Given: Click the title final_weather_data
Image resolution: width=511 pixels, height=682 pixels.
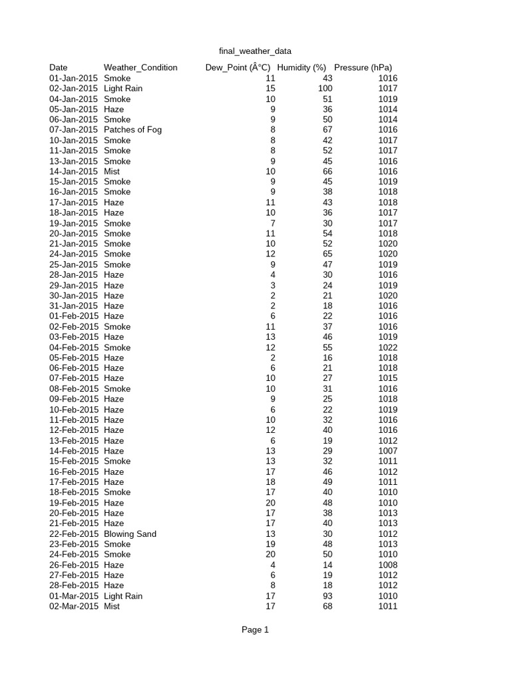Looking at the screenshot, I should tap(255, 51).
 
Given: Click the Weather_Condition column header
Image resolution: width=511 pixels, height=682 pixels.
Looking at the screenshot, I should tap(140, 67).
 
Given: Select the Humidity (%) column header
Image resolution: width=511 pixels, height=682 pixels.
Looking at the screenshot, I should tap(301, 67).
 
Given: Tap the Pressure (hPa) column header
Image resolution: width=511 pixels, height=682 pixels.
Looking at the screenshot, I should tap(363, 67).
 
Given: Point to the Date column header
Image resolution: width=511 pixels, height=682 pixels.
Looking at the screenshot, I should tap(59, 67).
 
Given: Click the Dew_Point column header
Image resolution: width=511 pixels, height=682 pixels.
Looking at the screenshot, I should tap(238, 67).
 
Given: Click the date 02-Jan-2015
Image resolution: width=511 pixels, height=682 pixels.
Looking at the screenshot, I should tap(73, 89).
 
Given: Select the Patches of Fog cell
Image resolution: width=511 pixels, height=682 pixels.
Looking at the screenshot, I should tap(132, 130).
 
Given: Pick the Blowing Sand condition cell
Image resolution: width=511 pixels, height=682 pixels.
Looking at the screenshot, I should tap(130, 534).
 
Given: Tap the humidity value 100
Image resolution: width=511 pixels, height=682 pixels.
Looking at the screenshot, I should tap(325, 89).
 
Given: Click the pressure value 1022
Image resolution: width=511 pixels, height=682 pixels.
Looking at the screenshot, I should tap(387, 348).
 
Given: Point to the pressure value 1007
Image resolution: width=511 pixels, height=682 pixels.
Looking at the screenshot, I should tap(387, 451).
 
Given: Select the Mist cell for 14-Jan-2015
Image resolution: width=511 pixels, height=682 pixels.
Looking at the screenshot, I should tap(112, 171).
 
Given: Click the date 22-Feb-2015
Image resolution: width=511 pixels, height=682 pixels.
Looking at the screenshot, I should tap(74, 534).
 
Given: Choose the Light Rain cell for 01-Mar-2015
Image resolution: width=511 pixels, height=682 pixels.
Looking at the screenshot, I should tap(123, 596).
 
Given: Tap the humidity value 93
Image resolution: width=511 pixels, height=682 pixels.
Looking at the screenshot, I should tap(327, 596).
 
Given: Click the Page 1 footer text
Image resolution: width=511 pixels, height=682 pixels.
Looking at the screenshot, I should tap(255, 629).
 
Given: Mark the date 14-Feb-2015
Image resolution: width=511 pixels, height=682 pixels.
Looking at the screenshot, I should tap(74, 451).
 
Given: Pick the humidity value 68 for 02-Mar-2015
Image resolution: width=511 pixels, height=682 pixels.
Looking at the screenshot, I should tap(327, 607).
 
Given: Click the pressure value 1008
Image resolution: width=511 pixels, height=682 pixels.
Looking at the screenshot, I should tap(387, 565).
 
